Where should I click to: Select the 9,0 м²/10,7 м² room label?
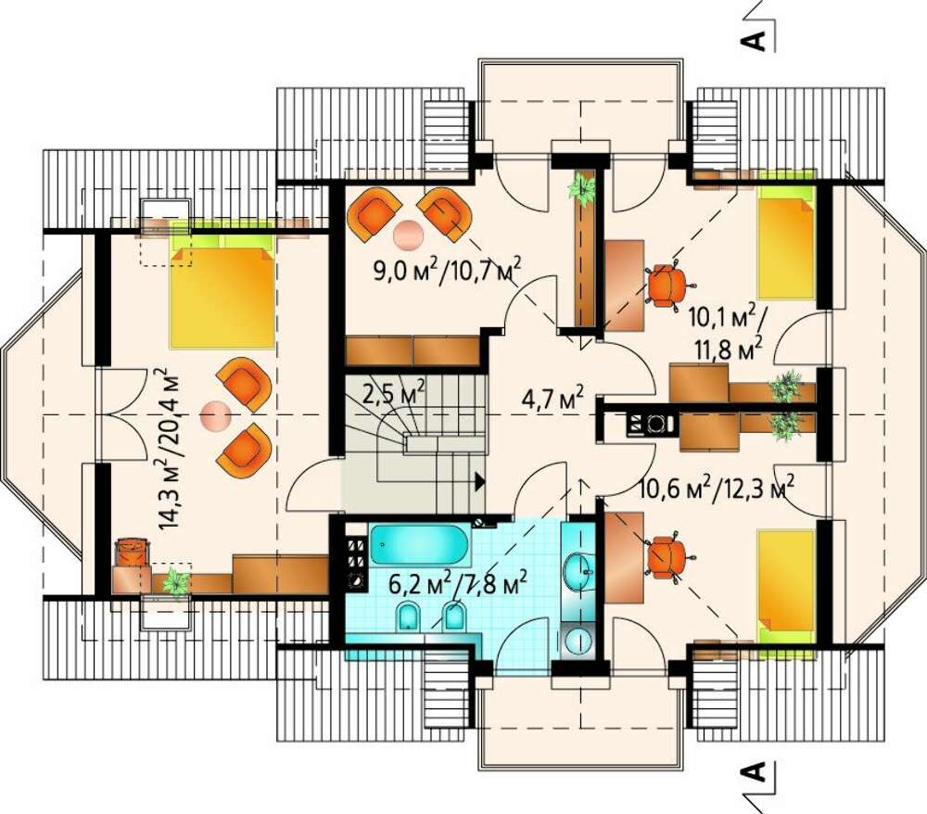[448, 271]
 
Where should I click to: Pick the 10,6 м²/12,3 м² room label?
[717, 489]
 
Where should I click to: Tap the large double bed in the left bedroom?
[222, 290]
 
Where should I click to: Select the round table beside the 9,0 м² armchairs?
[409, 234]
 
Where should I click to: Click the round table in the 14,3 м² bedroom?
[215, 415]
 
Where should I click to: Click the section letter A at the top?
[753, 40]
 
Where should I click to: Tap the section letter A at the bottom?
[753, 771]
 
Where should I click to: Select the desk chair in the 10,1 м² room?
[668, 285]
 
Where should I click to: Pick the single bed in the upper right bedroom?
[787, 242]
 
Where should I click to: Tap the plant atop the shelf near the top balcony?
[583, 189]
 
